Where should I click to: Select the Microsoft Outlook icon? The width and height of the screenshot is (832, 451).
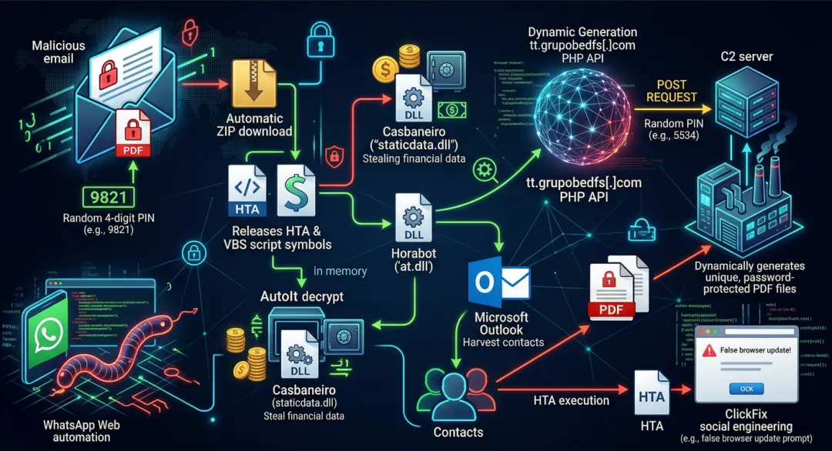498,282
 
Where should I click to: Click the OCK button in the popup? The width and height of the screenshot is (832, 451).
746,388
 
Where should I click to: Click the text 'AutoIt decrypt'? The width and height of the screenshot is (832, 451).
302,296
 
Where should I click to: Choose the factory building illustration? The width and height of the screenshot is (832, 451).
744,204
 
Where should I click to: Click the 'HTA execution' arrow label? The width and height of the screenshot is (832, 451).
571,400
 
